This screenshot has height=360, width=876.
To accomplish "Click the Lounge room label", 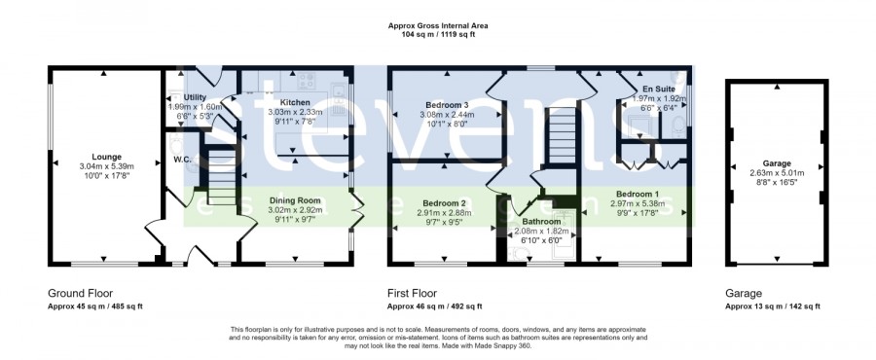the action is click(107, 157).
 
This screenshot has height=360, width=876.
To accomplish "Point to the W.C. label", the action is click(183, 160).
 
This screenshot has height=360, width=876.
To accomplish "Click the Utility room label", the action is click(195, 97).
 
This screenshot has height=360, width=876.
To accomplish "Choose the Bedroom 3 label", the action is click(447, 105).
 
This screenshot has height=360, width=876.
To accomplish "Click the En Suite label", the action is click(659, 89).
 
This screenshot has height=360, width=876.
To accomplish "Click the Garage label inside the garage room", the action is click(777, 163).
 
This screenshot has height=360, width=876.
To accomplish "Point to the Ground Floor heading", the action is click(81, 294).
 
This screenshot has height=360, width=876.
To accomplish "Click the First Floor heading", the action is click(413, 294).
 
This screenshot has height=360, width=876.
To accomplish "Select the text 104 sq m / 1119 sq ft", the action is click(438, 34).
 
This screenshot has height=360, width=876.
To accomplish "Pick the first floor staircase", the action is click(561, 136).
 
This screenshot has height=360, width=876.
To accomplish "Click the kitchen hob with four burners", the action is click(306, 81).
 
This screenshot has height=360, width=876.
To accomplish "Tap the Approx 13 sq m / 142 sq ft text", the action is click(773, 306).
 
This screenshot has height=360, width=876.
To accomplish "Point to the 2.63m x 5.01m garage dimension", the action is click(777, 173).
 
